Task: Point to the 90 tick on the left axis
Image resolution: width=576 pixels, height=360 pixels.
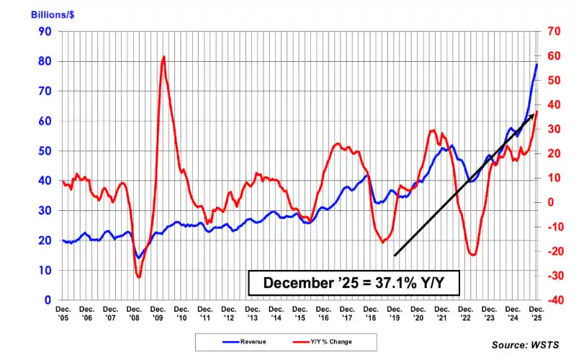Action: tap(45, 32)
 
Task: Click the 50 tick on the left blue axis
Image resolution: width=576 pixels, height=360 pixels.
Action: tap(45, 150)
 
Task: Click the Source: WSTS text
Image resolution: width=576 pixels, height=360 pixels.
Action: tap(525, 345)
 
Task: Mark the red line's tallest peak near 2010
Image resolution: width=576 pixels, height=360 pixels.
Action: tap(164, 56)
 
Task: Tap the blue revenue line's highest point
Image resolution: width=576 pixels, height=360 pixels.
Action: tap(536, 64)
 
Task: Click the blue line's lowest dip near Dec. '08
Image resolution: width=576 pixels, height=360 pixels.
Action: tap(138, 257)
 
